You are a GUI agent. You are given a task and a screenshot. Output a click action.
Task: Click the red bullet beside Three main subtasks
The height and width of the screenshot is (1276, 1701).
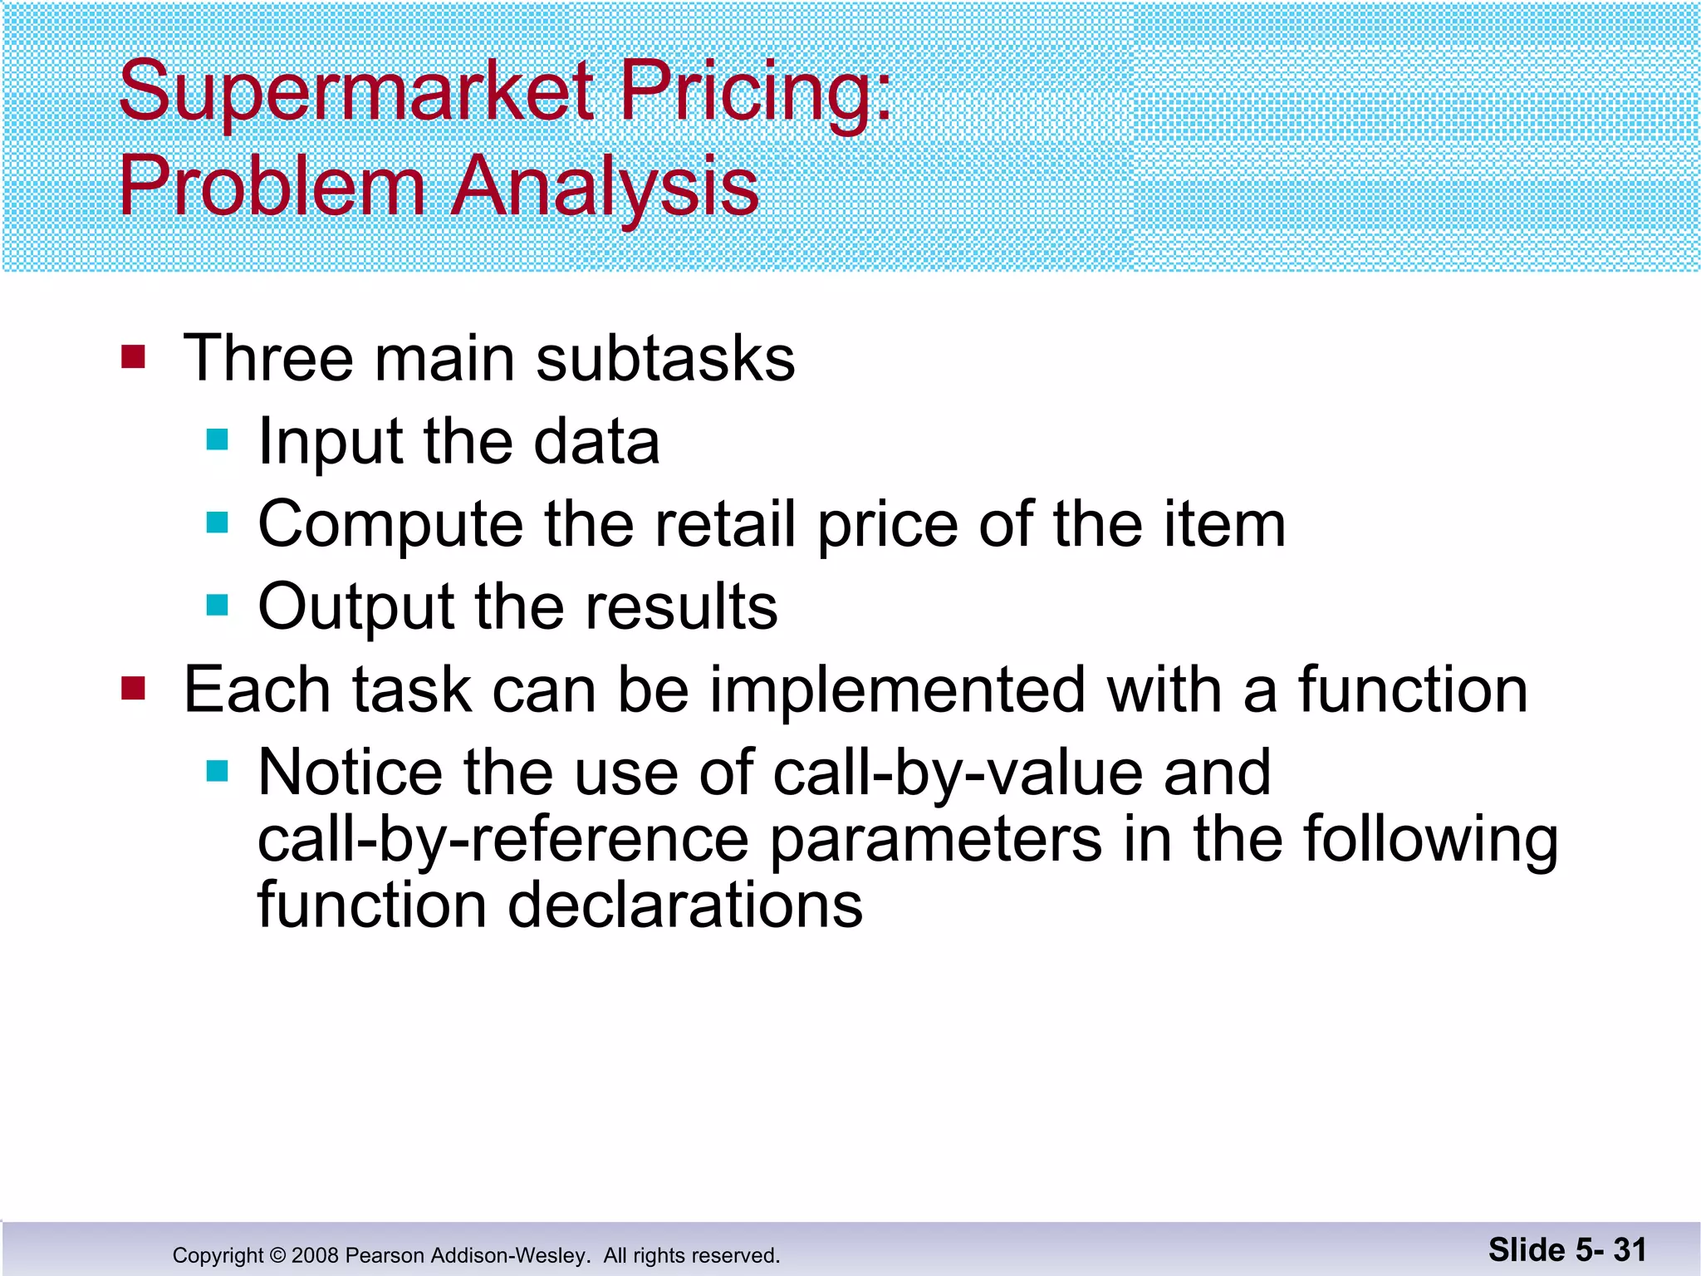click(x=133, y=357)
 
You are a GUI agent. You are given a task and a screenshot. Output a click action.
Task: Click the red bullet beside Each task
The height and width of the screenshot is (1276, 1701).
click(x=133, y=689)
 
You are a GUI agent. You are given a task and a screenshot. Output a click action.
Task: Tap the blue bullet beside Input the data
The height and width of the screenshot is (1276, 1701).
click(x=217, y=439)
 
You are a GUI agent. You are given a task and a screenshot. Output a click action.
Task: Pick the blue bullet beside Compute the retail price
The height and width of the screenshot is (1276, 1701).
click(x=217, y=523)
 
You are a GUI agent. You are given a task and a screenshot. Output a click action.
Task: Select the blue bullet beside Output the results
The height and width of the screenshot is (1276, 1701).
click(x=217, y=605)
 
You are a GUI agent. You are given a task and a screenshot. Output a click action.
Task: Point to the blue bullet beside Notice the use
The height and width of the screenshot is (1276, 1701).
click(x=217, y=771)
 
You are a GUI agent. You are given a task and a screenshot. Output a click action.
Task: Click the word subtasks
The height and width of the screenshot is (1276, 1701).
click(x=665, y=359)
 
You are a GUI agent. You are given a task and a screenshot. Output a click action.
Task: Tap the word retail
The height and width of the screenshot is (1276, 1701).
click(x=725, y=525)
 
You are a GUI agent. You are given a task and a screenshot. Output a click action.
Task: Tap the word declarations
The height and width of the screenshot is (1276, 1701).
click(x=685, y=905)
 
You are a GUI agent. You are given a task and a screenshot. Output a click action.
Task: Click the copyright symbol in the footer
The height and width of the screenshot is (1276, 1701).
click(x=277, y=1255)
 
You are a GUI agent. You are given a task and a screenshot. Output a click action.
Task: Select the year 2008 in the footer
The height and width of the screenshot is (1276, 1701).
click(x=315, y=1255)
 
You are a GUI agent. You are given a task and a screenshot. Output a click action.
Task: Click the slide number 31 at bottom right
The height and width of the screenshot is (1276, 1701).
click(x=1630, y=1249)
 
